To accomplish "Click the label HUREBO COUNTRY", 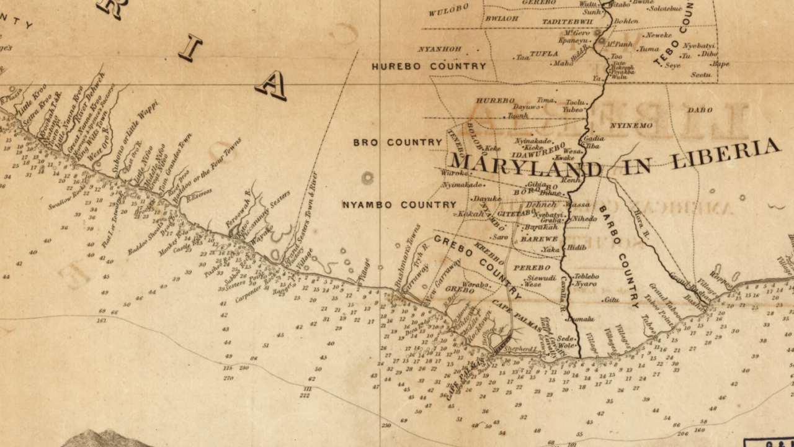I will (x=429, y=66).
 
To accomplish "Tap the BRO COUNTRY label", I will (x=398, y=142).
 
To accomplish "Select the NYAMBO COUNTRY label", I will (x=399, y=204).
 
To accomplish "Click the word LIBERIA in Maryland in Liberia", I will (x=726, y=154).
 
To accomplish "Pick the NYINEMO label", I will (x=631, y=125).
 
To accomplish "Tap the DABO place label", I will (x=700, y=110).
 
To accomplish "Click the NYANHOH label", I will (x=439, y=48).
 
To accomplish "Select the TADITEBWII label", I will (x=563, y=22).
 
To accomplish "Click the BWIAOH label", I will (x=502, y=19).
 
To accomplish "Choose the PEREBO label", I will (x=532, y=268).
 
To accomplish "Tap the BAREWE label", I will (x=539, y=238).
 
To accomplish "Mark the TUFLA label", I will (x=544, y=54).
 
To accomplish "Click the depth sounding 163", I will (x=101, y=321).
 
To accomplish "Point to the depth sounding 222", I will (x=305, y=395).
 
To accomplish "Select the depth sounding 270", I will (x=228, y=377).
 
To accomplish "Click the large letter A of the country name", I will (x=271, y=85).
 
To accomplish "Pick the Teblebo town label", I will (x=586, y=276).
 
